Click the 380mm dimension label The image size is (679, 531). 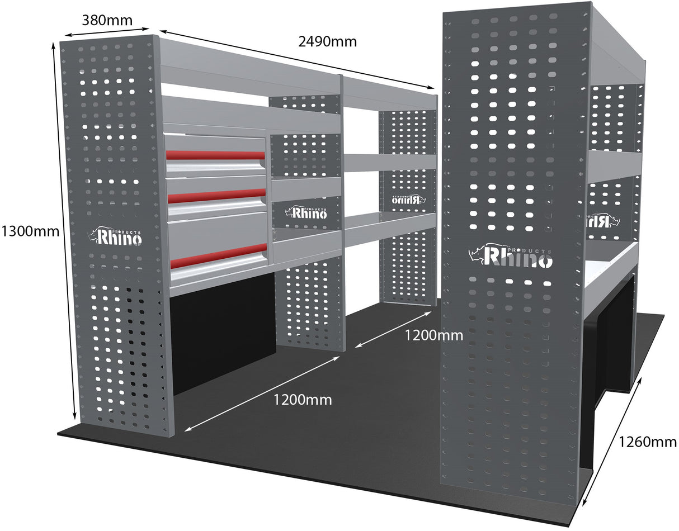click(107, 21)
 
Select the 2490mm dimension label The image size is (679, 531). click(326, 41)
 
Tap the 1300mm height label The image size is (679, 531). click(29, 230)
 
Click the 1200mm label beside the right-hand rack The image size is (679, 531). click(434, 335)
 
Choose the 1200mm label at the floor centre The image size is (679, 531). click(302, 400)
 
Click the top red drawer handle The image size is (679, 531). click(215, 155)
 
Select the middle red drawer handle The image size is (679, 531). click(216, 196)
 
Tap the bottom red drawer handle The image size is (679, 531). click(218, 255)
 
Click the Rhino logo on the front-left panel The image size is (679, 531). click(116, 236)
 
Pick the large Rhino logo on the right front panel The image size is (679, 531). click(511, 255)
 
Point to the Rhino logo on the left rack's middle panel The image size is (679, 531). click(307, 212)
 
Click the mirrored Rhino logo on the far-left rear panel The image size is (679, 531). click(407, 199)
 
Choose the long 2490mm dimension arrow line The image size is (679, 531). click(296, 59)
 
